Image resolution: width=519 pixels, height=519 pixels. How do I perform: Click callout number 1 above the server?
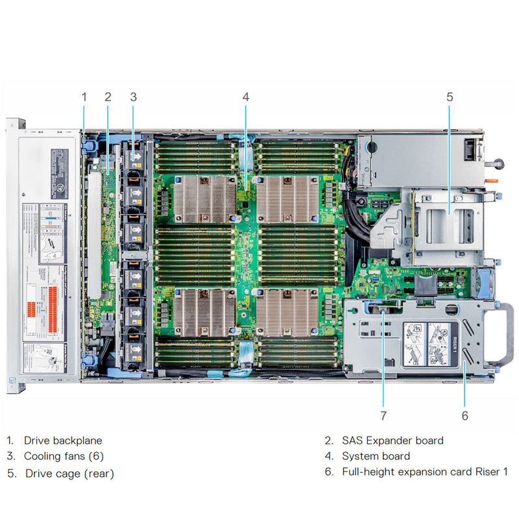pos(84,97)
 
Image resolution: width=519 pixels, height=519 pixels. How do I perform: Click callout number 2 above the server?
pos(108,97)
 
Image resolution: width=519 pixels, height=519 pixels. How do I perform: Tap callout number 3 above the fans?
pos(133,97)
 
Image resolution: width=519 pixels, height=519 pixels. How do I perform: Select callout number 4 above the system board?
pos(245,97)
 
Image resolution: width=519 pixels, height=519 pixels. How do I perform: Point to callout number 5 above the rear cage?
pos(450,97)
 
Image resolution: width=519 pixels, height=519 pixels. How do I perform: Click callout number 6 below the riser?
pos(465,416)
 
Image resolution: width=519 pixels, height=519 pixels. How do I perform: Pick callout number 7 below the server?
pos(383,416)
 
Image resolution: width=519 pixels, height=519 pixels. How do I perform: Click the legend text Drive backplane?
pos(63,441)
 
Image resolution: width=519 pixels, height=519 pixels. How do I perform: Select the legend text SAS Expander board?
pos(392,441)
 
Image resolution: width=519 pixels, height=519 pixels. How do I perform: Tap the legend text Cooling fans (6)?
pos(64,456)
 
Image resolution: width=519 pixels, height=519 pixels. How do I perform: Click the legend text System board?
pos(376,456)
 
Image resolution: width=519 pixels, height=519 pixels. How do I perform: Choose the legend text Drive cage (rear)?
pos(69,474)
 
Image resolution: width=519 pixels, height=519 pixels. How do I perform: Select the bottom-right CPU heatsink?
pos(289,312)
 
